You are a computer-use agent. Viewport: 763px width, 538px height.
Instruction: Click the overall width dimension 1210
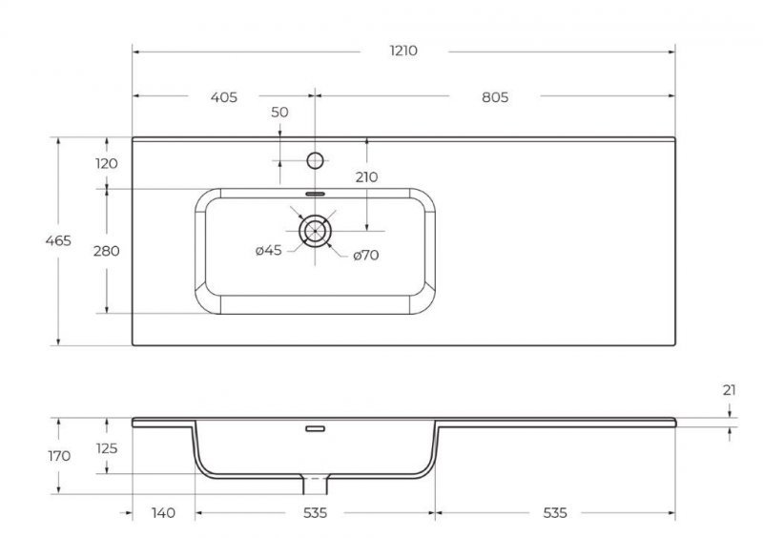402,50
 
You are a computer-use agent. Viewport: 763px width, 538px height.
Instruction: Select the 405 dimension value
223,97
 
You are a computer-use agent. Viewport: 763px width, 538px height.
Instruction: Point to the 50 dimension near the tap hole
279,113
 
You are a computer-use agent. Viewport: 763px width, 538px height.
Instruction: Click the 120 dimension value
107,163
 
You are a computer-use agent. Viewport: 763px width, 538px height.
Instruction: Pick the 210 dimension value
366,177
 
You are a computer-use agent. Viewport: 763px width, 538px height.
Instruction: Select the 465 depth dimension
58,241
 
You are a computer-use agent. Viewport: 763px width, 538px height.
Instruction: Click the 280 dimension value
107,251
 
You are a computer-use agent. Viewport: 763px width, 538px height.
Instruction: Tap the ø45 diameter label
268,252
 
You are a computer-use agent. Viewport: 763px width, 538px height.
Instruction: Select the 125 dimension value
107,448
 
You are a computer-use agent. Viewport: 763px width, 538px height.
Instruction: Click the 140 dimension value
164,513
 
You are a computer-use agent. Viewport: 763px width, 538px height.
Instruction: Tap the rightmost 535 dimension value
554,513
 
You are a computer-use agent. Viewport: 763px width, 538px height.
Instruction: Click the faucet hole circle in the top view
315,160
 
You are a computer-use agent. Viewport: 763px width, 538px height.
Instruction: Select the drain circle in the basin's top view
315,231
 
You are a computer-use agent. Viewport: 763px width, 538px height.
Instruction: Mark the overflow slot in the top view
315,193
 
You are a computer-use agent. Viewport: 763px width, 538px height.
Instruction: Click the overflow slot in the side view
315,428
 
